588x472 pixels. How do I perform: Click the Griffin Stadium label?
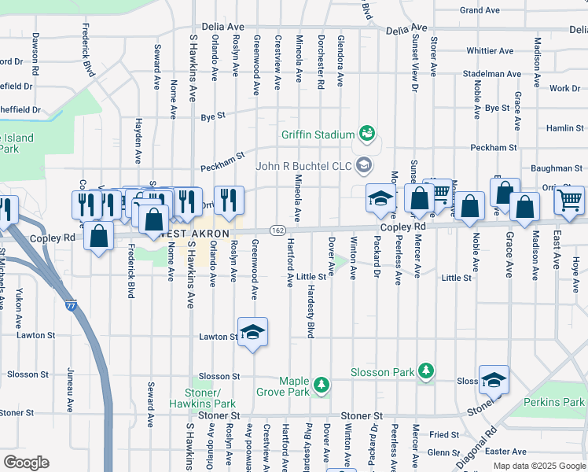318,135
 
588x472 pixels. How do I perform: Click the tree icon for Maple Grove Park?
321,384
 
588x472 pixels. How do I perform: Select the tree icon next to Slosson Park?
425,370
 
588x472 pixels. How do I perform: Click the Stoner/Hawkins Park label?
203,398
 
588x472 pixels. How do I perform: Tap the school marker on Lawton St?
253,333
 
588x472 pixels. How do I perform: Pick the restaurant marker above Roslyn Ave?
229,201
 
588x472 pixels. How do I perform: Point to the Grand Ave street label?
480,10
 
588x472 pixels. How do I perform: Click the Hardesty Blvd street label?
311,315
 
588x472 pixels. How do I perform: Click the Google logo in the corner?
27,462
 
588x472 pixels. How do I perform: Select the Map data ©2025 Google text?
539,466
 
